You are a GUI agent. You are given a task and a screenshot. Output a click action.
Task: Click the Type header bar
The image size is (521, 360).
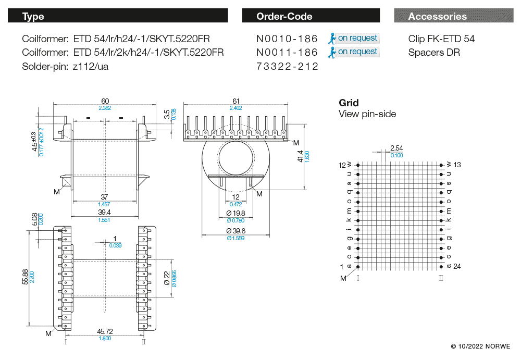[x=117, y=16]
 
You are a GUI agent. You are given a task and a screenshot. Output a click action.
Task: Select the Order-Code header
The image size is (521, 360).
[x=311, y=16]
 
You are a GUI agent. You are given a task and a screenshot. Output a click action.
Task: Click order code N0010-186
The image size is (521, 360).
[x=287, y=39]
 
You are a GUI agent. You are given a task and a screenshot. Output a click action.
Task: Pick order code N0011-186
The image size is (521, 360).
[x=287, y=52]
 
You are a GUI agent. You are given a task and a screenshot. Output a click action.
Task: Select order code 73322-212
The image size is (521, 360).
[x=287, y=66]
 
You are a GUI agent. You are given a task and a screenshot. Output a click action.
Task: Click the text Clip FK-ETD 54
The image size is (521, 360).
[x=441, y=39]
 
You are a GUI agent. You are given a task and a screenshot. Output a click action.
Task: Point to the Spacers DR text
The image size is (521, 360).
[x=434, y=52]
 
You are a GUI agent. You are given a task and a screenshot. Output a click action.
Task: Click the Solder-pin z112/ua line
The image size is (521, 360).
[x=65, y=66]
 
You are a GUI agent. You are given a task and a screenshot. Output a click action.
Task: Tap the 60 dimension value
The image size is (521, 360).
[x=105, y=101]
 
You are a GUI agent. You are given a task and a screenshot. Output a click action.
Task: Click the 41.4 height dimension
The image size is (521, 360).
[x=300, y=155]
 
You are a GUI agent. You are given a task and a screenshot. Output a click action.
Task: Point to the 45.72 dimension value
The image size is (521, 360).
[x=105, y=331]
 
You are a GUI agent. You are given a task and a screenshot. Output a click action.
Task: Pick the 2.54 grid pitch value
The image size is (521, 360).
[x=396, y=148]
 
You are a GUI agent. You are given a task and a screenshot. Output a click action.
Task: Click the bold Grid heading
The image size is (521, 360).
[x=349, y=103]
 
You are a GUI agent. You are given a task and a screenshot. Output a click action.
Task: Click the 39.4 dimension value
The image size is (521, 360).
[x=105, y=213]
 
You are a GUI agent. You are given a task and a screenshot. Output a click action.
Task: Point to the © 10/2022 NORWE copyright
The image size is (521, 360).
[x=480, y=346]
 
